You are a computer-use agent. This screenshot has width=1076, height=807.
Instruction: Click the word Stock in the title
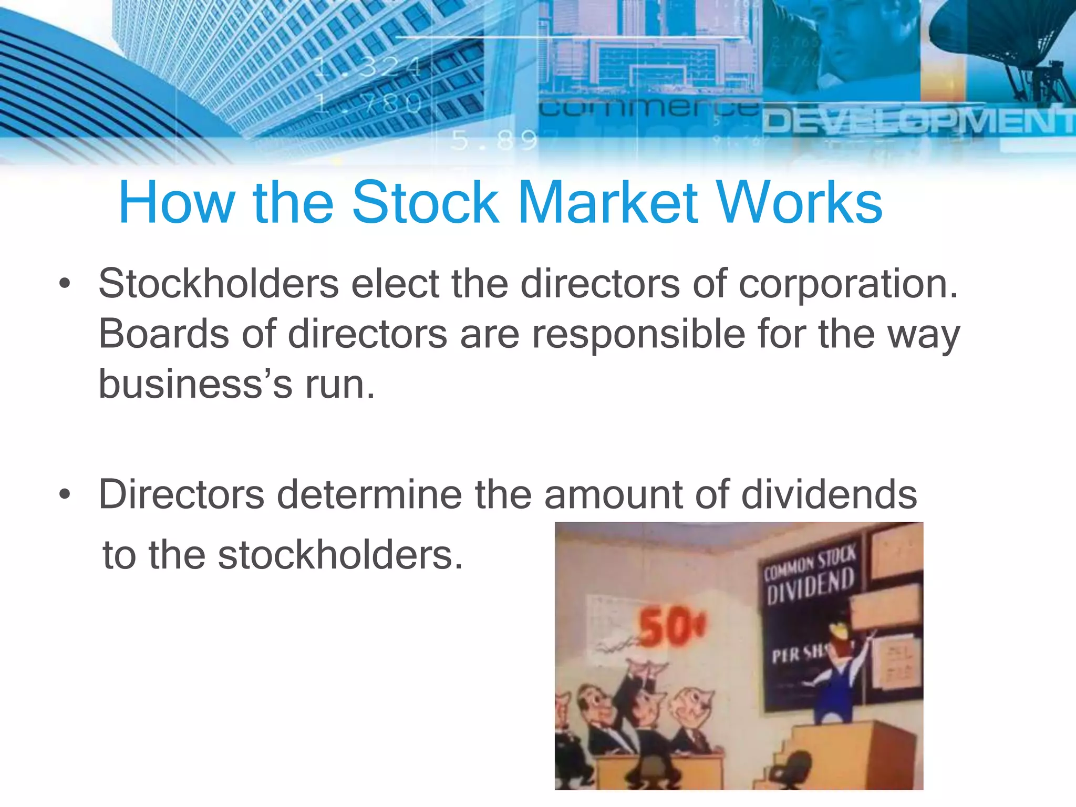425,203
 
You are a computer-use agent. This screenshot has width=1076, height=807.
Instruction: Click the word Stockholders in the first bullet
219,284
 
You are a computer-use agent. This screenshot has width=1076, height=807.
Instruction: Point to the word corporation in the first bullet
848,285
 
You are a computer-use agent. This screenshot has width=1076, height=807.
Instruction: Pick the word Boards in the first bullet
163,334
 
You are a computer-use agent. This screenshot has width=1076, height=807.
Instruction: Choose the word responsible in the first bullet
638,335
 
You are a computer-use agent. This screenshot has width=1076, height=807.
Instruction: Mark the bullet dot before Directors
65,495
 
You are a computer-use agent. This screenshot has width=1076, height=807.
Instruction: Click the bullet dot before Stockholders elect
65,284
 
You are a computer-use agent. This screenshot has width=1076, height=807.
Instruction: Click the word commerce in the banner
649,108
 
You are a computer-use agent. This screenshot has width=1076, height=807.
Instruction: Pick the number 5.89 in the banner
494,140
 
